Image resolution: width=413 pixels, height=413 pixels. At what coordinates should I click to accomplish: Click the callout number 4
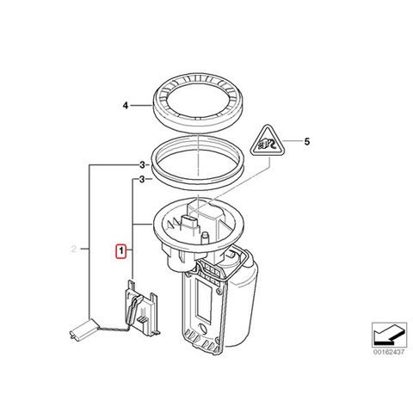(x=126, y=106)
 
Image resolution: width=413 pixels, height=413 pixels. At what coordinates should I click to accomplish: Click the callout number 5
(x=307, y=142)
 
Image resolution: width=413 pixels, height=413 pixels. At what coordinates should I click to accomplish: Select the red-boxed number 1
(x=121, y=251)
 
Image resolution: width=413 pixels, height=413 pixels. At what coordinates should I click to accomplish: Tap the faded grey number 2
(x=74, y=249)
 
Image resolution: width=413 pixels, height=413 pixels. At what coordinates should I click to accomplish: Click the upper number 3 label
(x=142, y=165)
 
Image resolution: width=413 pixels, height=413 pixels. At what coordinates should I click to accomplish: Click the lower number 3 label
(x=142, y=180)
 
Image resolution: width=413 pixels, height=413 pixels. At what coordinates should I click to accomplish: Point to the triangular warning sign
(x=268, y=141)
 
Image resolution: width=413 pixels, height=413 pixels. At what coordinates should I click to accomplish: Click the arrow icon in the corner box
(x=389, y=335)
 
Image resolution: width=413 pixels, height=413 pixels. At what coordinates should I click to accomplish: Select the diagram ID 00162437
(x=389, y=352)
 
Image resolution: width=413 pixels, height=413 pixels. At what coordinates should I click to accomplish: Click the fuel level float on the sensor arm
(x=83, y=330)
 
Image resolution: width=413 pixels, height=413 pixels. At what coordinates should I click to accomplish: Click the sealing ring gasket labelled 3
(x=198, y=181)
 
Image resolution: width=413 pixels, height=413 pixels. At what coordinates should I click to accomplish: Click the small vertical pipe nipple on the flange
(x=206, y=238)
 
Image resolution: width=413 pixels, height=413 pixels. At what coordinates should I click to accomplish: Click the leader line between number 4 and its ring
(x=141, y=106)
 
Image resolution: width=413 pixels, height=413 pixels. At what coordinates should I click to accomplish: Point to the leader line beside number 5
(x=291, y=141)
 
